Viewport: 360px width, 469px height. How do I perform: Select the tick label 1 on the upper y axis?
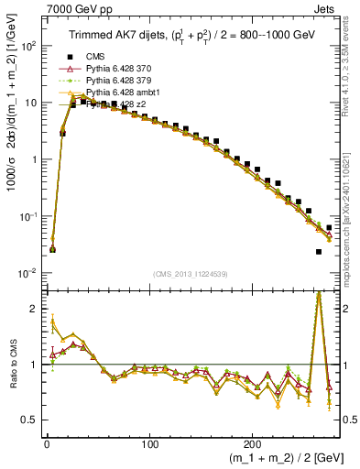32,159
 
